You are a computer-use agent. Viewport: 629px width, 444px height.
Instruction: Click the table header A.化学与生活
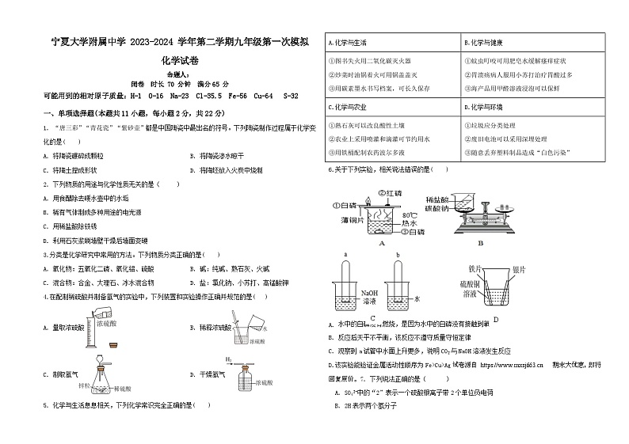(349, 41)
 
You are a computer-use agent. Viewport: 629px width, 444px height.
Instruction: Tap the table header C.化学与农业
(349, 107)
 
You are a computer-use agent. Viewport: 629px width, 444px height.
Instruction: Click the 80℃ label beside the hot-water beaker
(409, 215)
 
